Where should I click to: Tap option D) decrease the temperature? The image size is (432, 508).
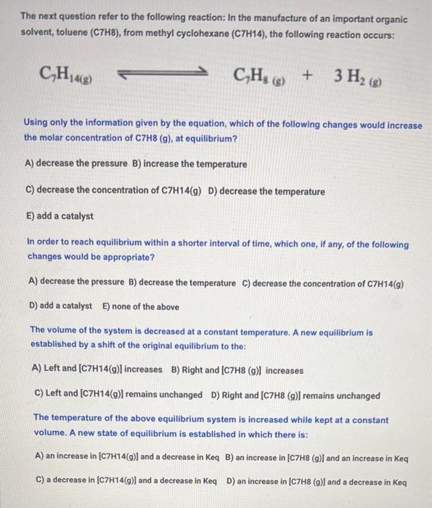266,191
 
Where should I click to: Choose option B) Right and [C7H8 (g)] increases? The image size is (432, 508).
237,370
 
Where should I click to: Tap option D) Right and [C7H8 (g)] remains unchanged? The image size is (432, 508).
296,395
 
